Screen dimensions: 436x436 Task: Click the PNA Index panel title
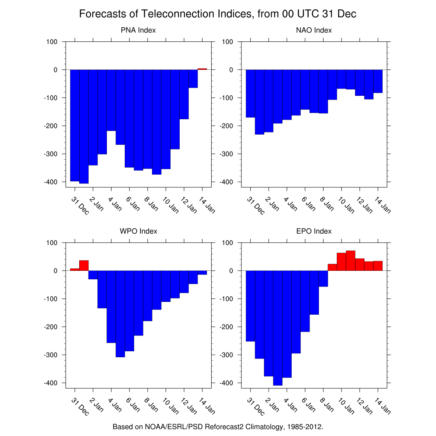[138, 30]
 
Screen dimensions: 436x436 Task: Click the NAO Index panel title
[314, 30]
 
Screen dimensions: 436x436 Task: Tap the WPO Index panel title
[138, 231]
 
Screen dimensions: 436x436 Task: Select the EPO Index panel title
[314, 231]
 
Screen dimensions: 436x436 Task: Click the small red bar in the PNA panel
[202, 69]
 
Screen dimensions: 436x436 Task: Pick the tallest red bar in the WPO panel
[84, 265]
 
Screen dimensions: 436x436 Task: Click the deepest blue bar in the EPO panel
[278, 328]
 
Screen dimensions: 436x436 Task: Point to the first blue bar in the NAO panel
[250, 93]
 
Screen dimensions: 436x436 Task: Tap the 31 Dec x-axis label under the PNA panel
[80, 206]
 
